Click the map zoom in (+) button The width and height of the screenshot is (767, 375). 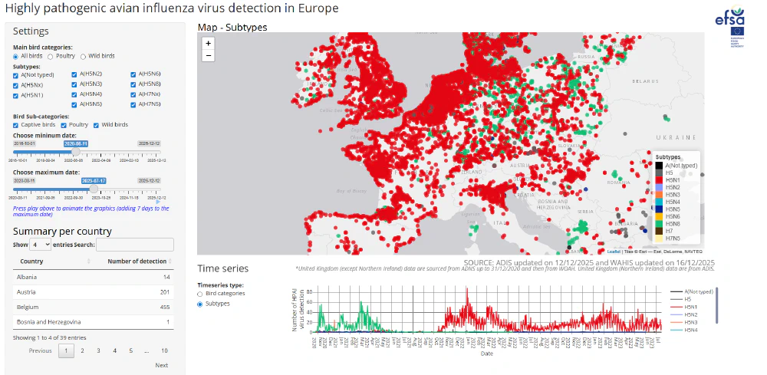(209, 43)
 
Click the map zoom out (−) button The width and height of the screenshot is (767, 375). (209, 55)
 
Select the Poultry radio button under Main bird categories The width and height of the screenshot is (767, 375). (51, 56)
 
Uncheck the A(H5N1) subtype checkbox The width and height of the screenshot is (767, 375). (17, 95)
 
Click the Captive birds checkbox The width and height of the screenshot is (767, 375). (17, 125)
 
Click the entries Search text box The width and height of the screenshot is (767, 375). (135, 245)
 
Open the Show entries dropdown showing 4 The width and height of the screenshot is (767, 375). (40, 245)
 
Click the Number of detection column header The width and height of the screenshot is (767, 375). (136, 262)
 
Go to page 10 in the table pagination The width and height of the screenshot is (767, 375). (163, 350)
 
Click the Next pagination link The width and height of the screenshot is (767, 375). (161, 365)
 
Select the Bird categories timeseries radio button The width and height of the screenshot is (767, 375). (201, 294)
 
